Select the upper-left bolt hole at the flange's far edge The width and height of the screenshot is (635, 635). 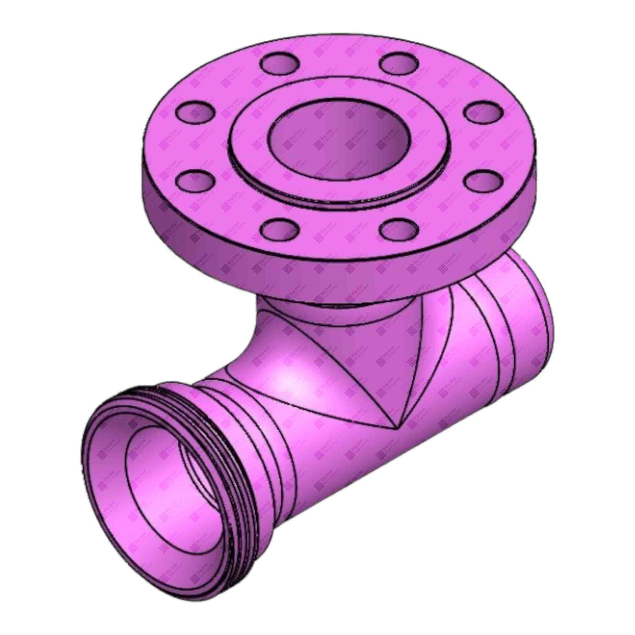[x=280, y=63]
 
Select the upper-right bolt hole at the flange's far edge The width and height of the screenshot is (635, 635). [x=396, y=63]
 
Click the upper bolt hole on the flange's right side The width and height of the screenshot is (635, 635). [x=483, y=111]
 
